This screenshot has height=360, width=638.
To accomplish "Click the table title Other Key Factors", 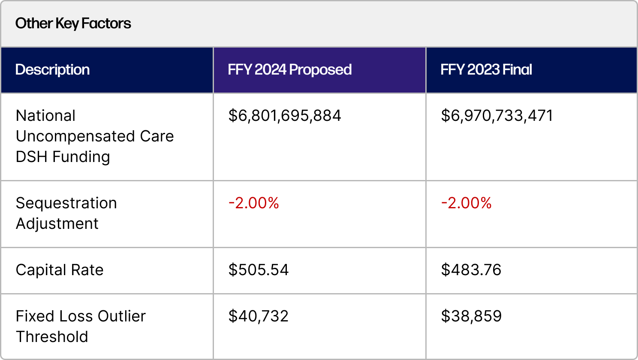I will pos(73,23).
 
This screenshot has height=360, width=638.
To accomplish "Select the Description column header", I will pos(52,69).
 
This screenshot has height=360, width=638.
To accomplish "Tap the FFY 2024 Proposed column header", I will pos(289,69).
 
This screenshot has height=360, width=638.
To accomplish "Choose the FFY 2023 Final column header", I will pos(486,69).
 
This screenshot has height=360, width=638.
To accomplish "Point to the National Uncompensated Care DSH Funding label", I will pos(94,136).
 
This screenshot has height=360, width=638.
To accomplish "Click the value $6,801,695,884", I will pos(285,116).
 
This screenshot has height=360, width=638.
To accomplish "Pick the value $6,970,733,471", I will pos(497,116).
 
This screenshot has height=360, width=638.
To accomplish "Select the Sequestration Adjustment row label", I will pos(66,213).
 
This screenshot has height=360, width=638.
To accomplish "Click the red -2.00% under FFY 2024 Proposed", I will pos(254,203).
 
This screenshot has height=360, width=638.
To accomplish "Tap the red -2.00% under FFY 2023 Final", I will pos(466,203).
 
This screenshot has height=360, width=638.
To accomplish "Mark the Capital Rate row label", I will pos(60,270).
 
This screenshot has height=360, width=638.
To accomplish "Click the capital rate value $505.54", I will pos(259,270).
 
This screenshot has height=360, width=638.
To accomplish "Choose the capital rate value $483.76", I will pos(471,270).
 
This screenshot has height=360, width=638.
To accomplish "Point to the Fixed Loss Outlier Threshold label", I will pos(81,327).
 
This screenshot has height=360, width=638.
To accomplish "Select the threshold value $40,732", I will pos(259,316).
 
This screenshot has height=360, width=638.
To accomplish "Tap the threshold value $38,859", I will pos(471,316).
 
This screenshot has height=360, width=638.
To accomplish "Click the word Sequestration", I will pos(66,203).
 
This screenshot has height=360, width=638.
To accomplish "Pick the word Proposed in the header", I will pos(320,69).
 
